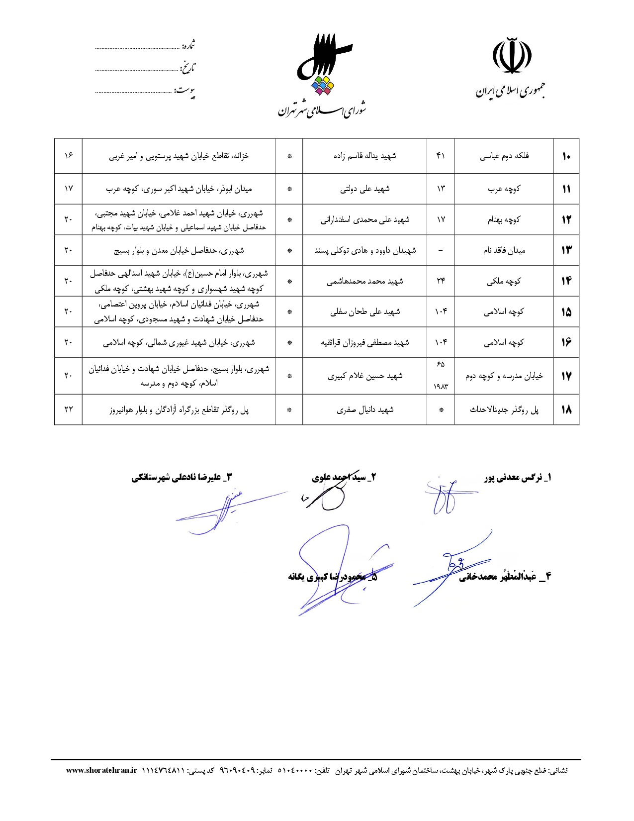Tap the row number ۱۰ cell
pos(566,156)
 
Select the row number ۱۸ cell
pos(566,410)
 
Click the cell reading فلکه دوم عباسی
pos(504,156)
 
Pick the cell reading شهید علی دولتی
pos(364,189)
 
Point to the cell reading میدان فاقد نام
pos(504,250)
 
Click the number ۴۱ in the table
pos(441,156)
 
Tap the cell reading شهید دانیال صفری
pos(364,410)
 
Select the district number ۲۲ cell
pos(68,410)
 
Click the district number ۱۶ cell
pos(68,156)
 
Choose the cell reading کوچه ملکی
pos(504,282)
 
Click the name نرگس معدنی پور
pos(517,478)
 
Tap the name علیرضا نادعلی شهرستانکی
pos(181,478)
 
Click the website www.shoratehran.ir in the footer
pos(101,770)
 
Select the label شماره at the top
pos(188,46)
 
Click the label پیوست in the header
pos(184,91)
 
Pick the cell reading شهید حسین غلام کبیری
pos(364,376)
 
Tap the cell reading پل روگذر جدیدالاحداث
pos(504,410)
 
